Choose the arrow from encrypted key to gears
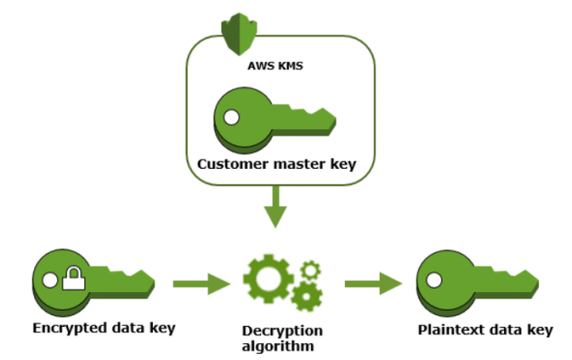coord(201,286)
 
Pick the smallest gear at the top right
coord(308,267)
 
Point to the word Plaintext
coord(449,331)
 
